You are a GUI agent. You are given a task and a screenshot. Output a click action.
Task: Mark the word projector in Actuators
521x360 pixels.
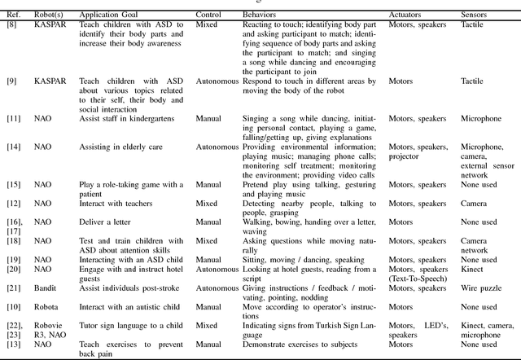coord(405,156)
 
